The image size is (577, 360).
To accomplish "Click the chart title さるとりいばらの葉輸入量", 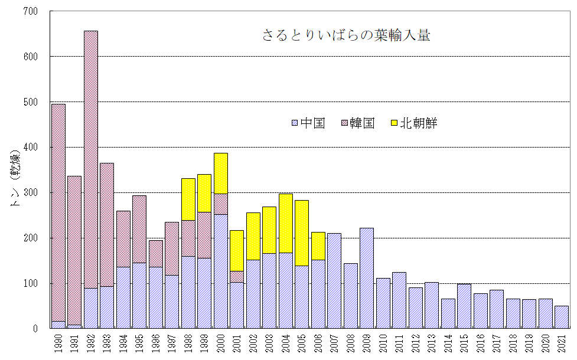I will (346, 35).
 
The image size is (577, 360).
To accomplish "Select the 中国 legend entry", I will (308, 123).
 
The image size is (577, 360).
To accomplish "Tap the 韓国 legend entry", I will (358, 123).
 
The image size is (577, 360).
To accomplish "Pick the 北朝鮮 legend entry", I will (413, 123).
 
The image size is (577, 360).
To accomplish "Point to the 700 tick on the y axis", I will (30, 11).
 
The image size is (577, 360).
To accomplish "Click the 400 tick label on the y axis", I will (30, 147).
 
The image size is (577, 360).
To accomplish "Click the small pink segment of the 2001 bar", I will (237, 276).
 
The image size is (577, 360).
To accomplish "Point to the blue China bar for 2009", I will (367, 278).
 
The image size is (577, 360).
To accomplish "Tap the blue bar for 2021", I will (562, 317).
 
